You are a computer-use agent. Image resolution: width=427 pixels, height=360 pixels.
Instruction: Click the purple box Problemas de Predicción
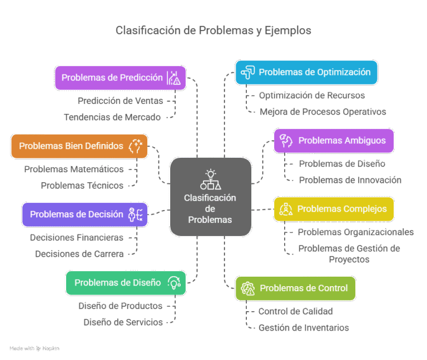click(x=120, y=78)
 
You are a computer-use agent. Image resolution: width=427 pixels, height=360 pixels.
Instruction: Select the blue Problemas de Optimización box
click(x=306, y=72)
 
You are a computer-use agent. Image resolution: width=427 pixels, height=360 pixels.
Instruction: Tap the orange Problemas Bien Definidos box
click(x=80, y=146)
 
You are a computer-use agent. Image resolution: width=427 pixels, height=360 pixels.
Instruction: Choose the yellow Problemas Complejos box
click(x=334, y=209)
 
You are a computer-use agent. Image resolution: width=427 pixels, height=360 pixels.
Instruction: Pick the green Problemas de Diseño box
click(x=126, y=282)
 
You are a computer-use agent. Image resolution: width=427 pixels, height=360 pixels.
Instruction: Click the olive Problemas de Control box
click(x=295, y=288)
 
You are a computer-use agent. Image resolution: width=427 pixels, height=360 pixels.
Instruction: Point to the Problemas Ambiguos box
click(x=334, y=140)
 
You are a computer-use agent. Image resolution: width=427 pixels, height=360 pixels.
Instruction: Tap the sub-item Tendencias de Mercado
click(x=112, y=117)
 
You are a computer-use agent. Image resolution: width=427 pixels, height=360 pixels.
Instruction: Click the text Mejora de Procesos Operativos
click(x=322, y=112)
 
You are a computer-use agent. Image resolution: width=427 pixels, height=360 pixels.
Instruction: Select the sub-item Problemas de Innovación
click(x=350, y=180)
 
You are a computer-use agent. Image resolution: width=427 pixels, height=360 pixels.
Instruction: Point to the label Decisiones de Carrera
click(x=79, y=254)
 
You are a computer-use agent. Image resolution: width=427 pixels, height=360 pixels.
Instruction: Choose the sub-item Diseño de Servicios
click(x=123, y=322)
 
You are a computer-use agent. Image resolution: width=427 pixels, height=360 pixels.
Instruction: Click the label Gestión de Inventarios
click(x=304, y=328)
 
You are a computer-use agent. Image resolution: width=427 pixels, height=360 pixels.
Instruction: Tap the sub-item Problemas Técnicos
click(x=82, y=186)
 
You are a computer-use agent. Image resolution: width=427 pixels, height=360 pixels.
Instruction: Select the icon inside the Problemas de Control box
click(x=249, y=288)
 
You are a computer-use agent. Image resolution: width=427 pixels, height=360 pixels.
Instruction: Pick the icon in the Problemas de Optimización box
click(x=248, y=72)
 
